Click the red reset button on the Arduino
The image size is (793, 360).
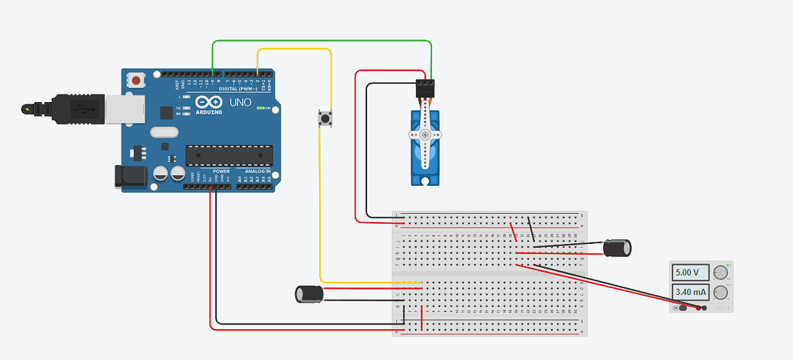point(137,80)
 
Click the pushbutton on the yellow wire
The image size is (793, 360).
point(325,118)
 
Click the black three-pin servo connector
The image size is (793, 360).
point(425,87)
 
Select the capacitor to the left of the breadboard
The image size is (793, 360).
point(309,293)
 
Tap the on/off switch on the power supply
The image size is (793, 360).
point(683,308)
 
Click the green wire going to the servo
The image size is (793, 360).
point(321,41)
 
